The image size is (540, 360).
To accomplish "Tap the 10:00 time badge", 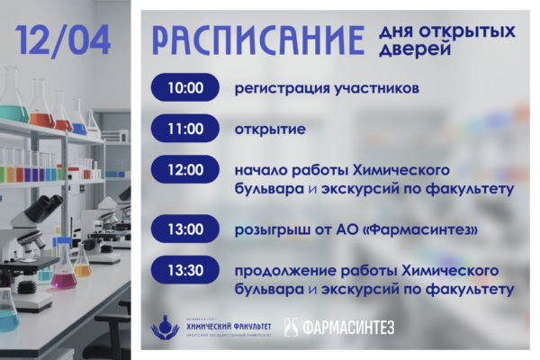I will click(184, 88).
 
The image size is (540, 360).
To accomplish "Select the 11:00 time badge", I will click(184, 129).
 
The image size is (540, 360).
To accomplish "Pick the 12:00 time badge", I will click(184, 169).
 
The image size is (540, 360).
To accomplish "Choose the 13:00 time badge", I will click(184, 229).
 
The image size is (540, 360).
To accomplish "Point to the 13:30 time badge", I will click(184, 269).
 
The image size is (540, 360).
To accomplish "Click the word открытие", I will click(270, 130).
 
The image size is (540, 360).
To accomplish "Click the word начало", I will click(260, 170).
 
